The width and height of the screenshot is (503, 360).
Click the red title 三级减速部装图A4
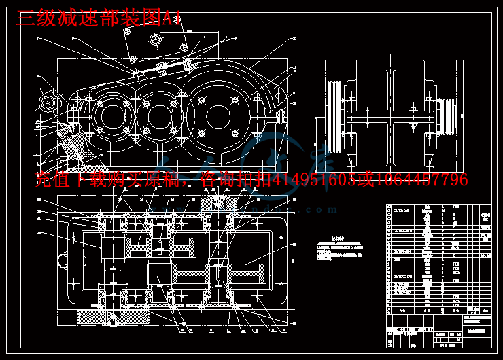pos(99,18)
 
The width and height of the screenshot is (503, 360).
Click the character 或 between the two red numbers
pos(366,180)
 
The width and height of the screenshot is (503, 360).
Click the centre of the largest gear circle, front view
pos(218,115)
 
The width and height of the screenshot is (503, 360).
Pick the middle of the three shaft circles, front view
pos(158,117)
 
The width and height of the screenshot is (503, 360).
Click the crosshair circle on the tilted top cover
pos(156,39)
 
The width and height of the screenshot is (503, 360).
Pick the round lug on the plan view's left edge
pos(63,259)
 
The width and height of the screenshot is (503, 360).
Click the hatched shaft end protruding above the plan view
pos(219,200)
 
